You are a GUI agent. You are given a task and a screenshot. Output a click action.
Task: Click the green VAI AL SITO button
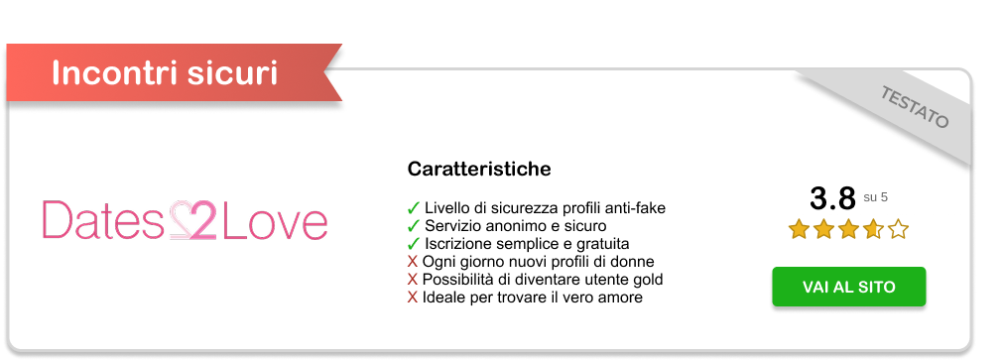(848, 287)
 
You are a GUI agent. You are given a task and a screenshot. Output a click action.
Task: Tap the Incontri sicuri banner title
(165, 72)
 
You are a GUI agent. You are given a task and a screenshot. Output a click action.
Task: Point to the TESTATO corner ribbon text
(914, 107)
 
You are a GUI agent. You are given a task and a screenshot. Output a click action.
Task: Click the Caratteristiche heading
(479, 170)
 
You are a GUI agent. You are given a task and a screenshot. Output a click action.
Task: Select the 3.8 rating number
(832, 198)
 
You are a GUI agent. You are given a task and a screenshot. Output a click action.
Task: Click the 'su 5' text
(875, 197)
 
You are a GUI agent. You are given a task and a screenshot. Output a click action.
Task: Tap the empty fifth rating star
(898, 228)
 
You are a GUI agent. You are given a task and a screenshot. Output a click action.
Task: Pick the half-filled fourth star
(873, 228)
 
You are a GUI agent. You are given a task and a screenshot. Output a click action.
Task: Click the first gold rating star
(799, 228)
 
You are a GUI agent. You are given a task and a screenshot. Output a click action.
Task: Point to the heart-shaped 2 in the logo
(193, 220)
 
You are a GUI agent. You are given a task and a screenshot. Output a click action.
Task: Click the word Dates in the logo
(103, 220)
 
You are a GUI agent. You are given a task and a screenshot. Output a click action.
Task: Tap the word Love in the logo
(275, 220)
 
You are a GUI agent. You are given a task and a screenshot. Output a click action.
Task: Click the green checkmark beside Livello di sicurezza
(413, 208)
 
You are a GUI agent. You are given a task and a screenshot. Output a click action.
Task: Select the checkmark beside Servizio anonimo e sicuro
(413, 226)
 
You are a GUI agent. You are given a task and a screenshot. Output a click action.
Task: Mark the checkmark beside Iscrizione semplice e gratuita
(413, 244)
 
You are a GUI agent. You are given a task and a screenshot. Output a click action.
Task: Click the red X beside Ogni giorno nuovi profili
(413, 262)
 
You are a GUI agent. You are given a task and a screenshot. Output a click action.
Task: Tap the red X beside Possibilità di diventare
(413, 280)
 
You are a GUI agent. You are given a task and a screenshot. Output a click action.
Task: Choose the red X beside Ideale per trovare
(413, 298)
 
